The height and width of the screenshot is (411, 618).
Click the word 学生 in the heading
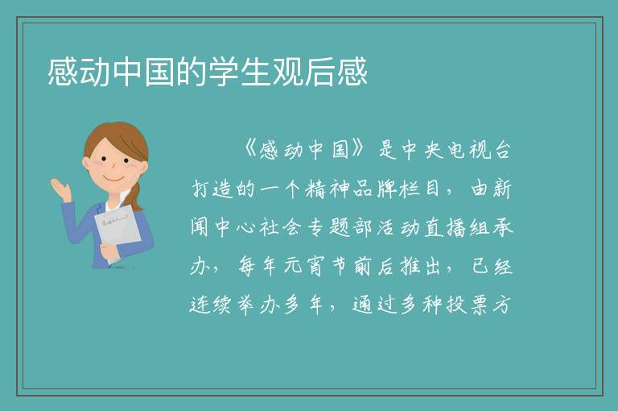(240, 72)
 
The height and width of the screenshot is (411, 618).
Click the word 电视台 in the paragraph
(480, 150)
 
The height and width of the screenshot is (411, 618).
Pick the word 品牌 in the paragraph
(374, 189)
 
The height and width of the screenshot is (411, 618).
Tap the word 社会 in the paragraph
(281, 228)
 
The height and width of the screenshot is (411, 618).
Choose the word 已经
(492, 267)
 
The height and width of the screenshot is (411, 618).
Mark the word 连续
(211, 305)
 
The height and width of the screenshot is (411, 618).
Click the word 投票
(468, 305)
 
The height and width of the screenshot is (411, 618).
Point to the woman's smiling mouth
(114, 179)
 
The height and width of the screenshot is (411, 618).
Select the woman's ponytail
(134, 196)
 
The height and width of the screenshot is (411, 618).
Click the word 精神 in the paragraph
(328, 189)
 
